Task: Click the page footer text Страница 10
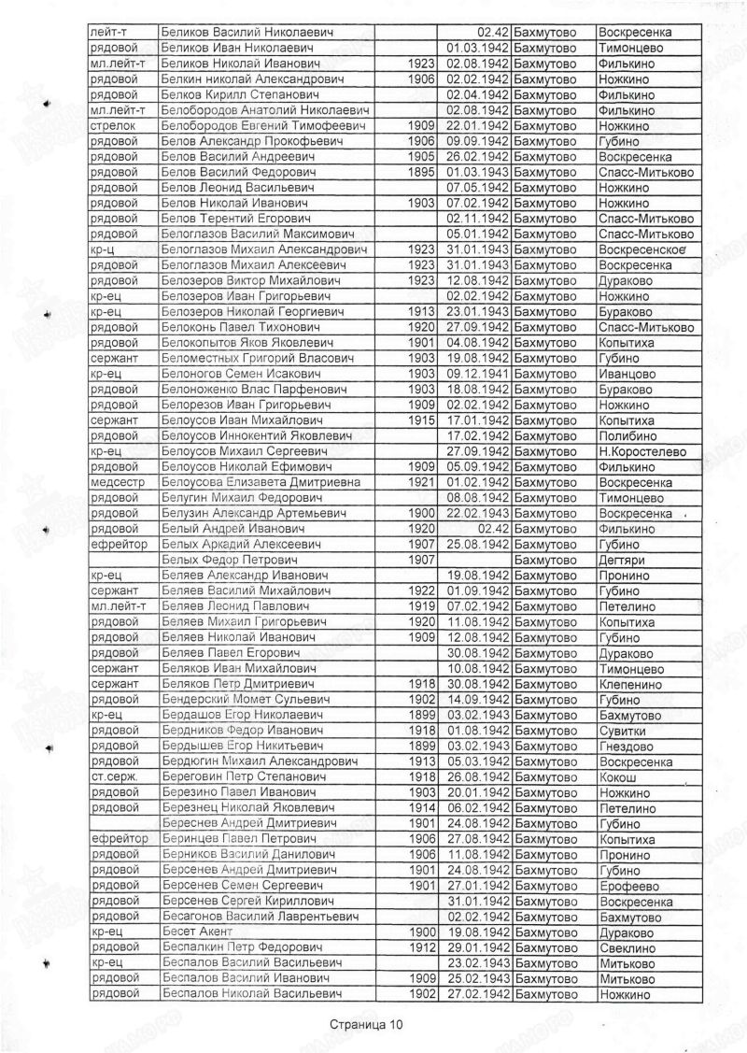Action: (x=367, y=1025)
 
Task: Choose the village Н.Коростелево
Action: (x=641, y=451)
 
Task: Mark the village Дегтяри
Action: (x=620, y=559)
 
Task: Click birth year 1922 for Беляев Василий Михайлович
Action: (x=423, y=591)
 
